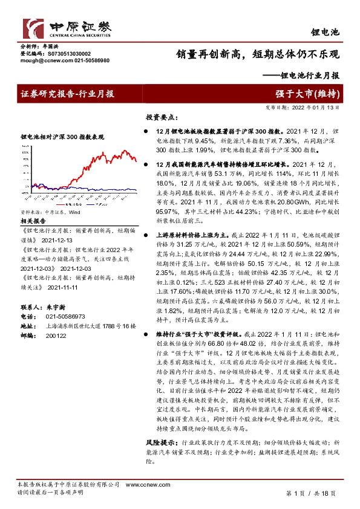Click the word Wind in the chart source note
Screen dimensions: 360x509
coord(74,213)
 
